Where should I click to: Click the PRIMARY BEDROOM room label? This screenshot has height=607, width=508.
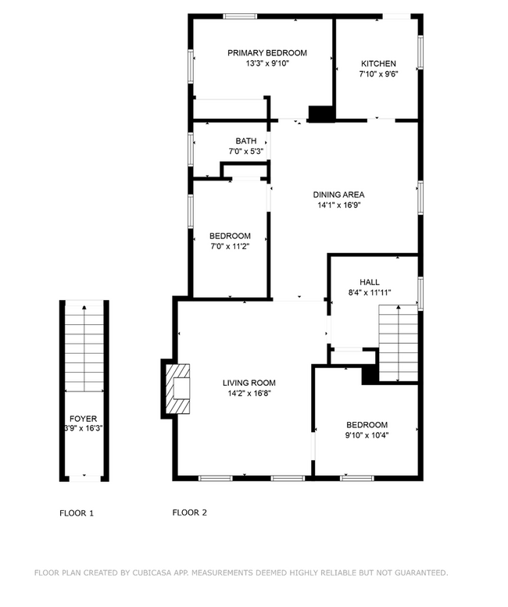pyautogui.click(x=267, y=53)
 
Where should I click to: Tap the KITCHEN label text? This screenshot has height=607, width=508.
pyautogui.click(x=378, y=64)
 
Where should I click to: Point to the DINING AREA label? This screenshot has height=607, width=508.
pyautogui.click(x=338, y=195)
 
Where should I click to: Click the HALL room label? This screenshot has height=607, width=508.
pyautogui.click(x=370, y=282)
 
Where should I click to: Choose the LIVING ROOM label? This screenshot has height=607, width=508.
pyautogui.click(x=249, y=383)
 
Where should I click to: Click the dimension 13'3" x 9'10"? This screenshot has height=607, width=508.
pyautogui.click(x=267, y=64)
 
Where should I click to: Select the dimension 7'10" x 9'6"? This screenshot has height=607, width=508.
pyautogui.click(x=378, y=75)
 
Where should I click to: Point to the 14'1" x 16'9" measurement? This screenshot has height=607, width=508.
pyautogui.click(x=338, y=205)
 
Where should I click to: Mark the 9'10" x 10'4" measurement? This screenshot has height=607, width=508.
pyautogui.click(x=367, y=435)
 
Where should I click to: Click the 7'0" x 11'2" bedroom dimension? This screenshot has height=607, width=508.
pyautogui.click(x=230, y=247)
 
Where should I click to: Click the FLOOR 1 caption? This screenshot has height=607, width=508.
pyautogui.click(x=77, y=513)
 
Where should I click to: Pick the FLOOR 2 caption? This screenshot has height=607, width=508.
pyautogui.click(x=189, y=513)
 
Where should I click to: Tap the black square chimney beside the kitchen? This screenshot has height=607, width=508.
pyautogui.click(x=321, y=114)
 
